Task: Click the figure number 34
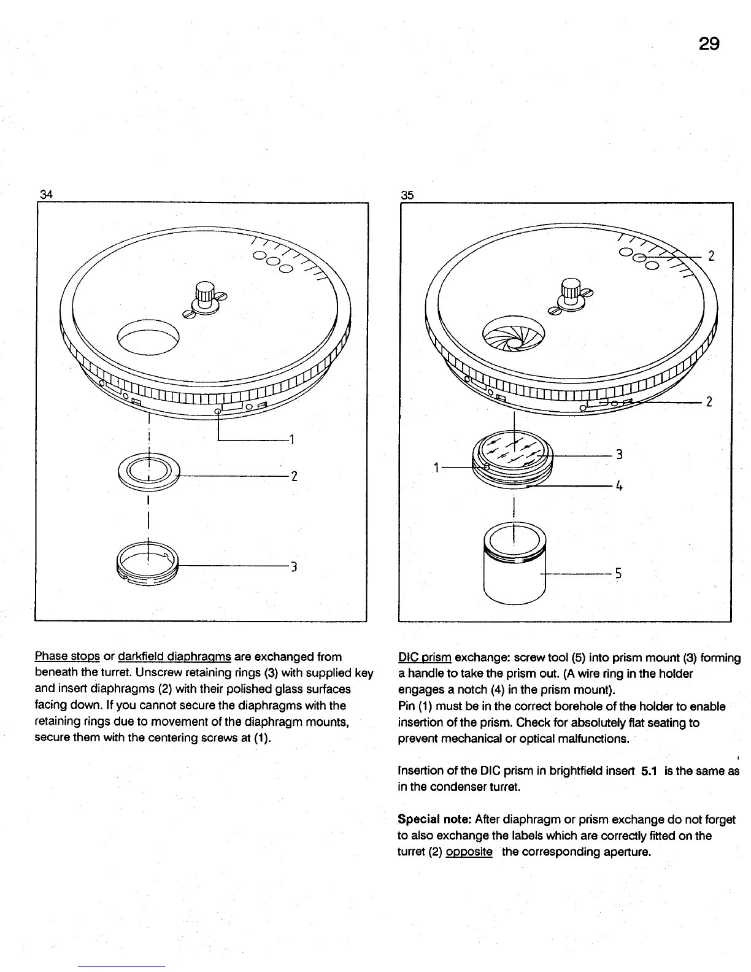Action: [x=46, y=195]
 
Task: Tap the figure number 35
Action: [x=407, y=195]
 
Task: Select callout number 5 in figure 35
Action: [x=618, y=574]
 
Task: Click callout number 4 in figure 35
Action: [x=619, y=485]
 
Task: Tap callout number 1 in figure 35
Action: [x=436, y=468]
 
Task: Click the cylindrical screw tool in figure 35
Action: [x=514, y=569]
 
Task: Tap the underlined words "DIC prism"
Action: [x=425, y=658]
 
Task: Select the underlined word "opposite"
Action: [x=469, y=852]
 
